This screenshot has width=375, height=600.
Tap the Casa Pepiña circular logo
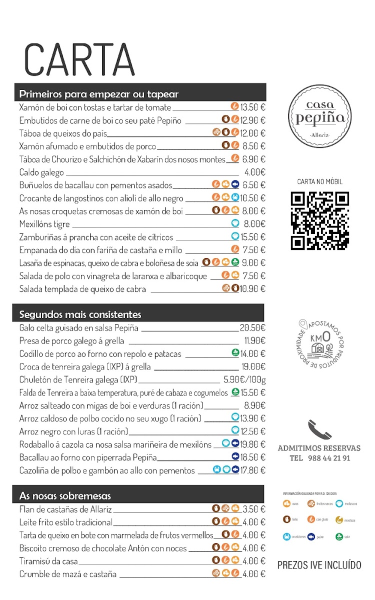click(320, 116)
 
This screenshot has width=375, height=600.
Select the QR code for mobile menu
click(320, 220)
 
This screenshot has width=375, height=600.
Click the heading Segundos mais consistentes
click(80, 314)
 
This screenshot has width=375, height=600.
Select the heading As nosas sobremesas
click(65, 496)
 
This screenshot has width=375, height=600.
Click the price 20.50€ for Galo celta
click(252, 328)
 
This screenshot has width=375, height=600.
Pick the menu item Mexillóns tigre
click(44, 224)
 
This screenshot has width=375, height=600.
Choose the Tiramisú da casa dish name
click(48, 561)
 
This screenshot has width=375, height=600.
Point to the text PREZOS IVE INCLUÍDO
click(319, 565)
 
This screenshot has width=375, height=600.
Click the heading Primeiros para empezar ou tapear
click(98, 94)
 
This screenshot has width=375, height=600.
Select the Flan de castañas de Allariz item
click(65, 509)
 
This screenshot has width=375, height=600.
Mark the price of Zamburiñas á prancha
click(253, 237)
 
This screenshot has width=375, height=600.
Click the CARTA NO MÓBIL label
click(319, 182)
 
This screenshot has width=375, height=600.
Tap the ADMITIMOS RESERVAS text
click(319, 448)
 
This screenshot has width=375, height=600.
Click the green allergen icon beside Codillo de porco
click(235, 353)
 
